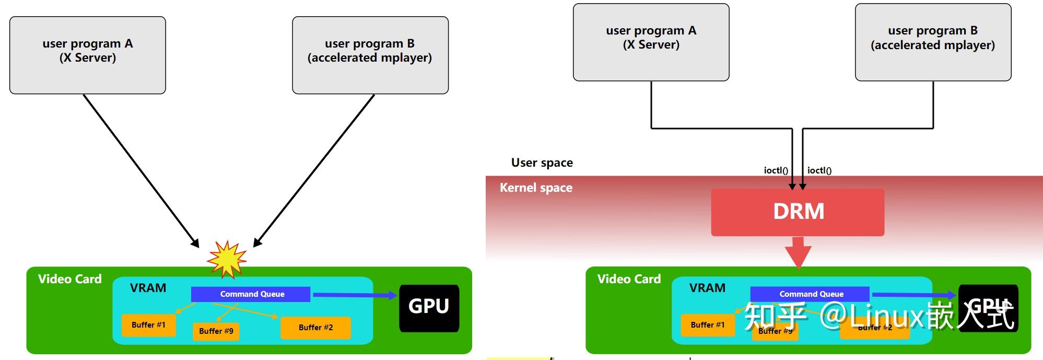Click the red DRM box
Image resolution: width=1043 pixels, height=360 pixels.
point(798,212)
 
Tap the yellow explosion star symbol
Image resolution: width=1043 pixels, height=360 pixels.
point(227,259)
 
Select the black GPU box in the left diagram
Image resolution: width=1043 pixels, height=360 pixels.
point(429,308)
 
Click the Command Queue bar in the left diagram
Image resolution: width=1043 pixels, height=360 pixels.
point(251,294)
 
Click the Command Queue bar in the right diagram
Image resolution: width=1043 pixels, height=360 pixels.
point(810,294)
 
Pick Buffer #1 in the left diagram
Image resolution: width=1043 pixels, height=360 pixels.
point(148,325)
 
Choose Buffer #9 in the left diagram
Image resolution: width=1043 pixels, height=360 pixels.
point(216,331)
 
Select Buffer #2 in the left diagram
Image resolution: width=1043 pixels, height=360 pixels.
point(315,328)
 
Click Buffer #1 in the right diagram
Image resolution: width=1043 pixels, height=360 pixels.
point(707,325)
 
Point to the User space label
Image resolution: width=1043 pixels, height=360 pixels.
point(542,163)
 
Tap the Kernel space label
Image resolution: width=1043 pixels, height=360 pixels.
point(536,188)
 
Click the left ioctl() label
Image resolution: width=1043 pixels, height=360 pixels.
point(776,170)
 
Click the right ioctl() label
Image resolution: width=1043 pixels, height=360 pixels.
point(819,170)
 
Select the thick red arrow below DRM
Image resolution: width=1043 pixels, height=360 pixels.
point(798,252)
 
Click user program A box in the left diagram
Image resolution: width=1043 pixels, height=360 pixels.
point(88,55)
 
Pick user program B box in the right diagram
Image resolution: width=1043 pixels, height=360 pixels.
point(933,42)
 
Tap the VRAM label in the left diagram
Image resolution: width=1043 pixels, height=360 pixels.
point(148,288)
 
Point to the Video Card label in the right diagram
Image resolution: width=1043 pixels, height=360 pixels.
point(629,279)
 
